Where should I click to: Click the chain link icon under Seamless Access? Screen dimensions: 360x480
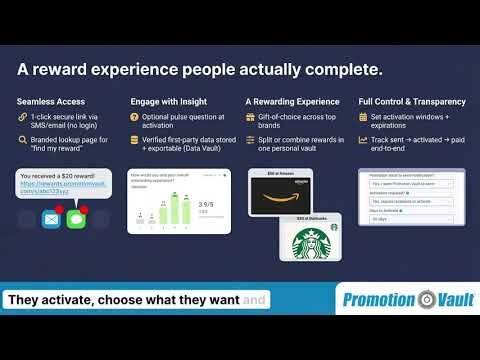[x=21, y=118]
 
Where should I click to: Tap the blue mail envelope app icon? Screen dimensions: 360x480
[x=51, y=218]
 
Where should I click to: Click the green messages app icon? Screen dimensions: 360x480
[x=75, y=218]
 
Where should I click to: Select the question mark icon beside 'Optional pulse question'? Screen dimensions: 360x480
[x=136, y=118]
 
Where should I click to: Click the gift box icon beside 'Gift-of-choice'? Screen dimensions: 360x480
[x=250, y=118]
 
